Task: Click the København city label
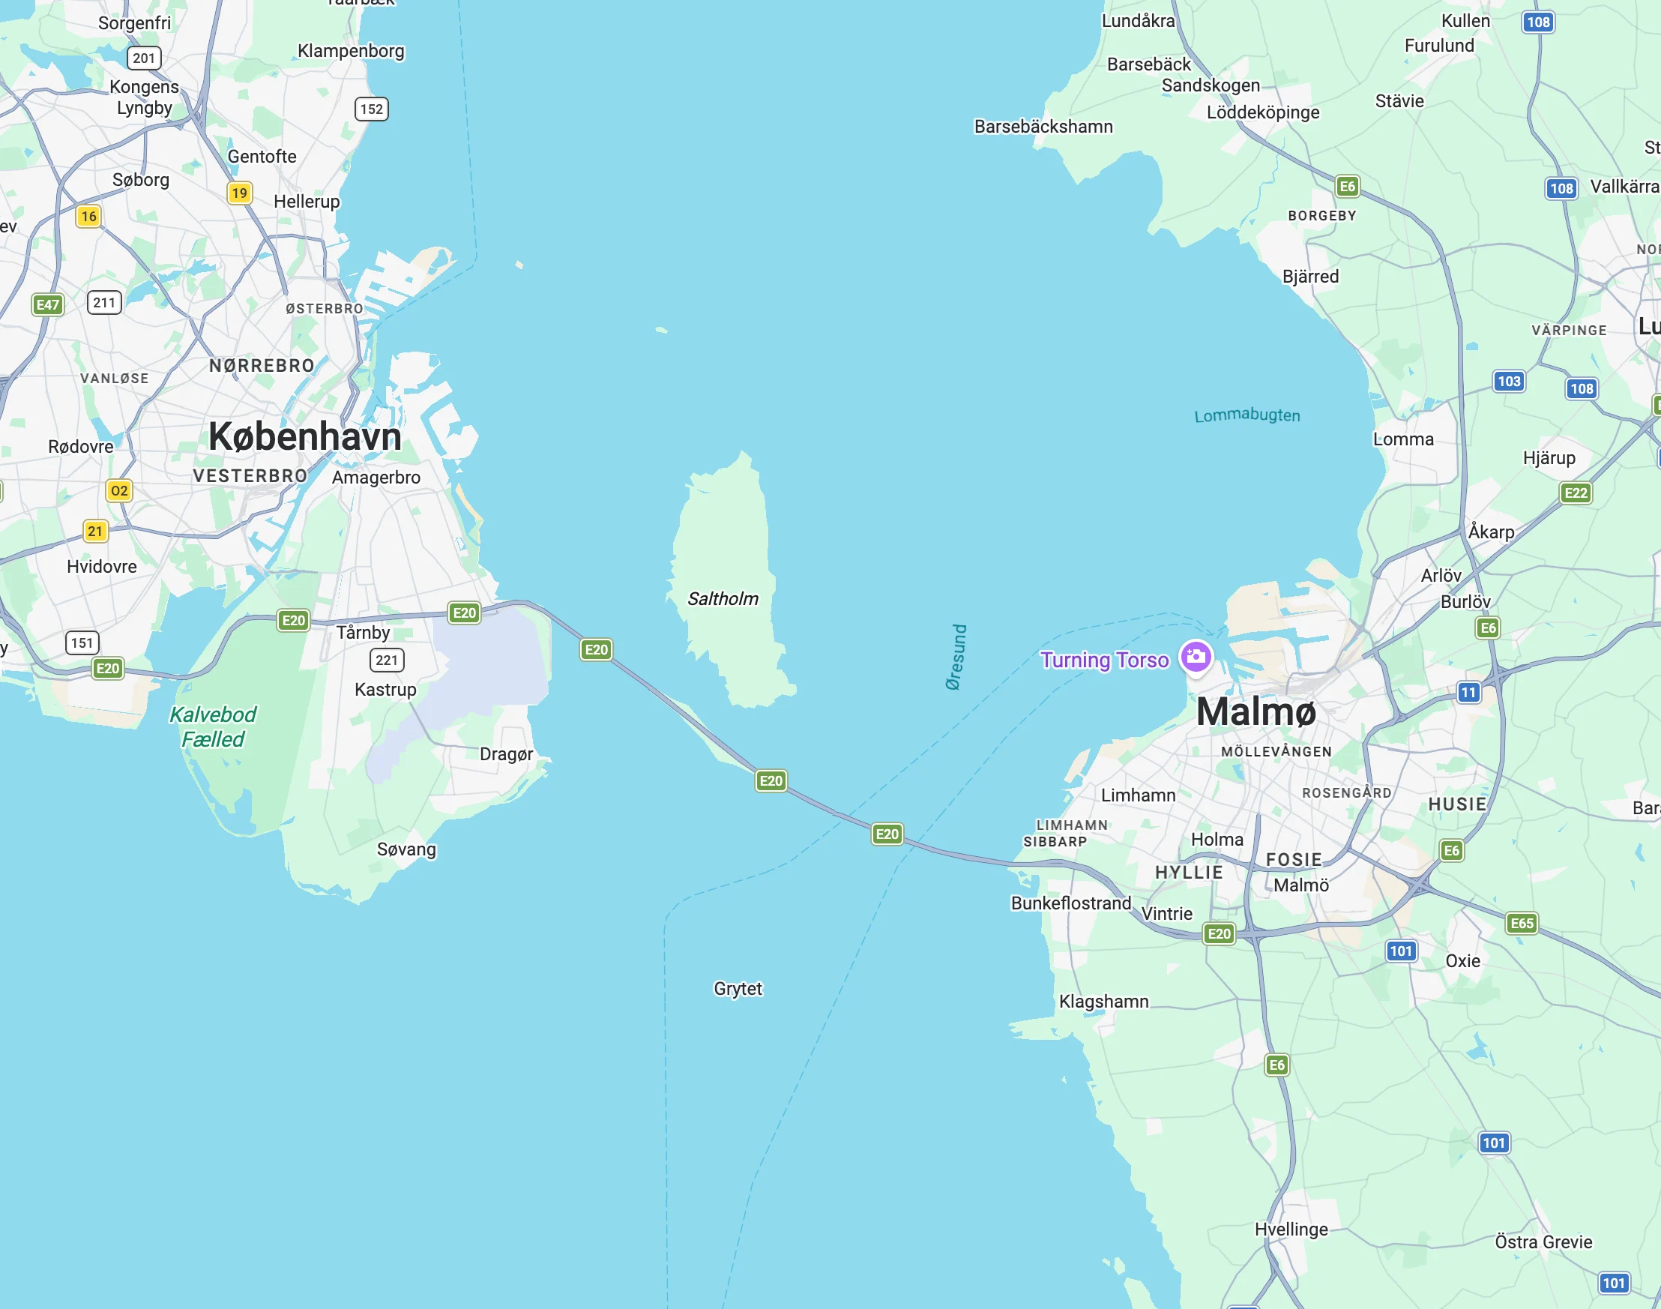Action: [305, 437]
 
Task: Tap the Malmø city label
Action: [1255, 712]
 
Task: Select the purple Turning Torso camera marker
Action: [1196, 657]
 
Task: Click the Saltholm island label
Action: [723, 598]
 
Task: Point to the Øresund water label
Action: [956, 657]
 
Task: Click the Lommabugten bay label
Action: [1246, 415]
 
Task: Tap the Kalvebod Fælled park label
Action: [212, 726]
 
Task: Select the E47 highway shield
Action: [47, 305]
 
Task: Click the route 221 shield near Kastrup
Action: [387, 660]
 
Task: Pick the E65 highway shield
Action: [1522, 923]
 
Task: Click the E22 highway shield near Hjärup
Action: [1576, 493]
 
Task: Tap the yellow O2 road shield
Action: [118, 490]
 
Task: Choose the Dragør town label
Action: [506, 754]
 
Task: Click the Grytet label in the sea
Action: [737, 989]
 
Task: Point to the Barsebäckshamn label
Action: [1043, 127]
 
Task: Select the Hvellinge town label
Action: [1291, 1230]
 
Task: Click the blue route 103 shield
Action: [1508, 381]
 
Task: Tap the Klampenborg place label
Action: [351, 51]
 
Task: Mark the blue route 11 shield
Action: [1468, 693]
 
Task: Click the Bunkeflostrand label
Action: [1070, 903]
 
